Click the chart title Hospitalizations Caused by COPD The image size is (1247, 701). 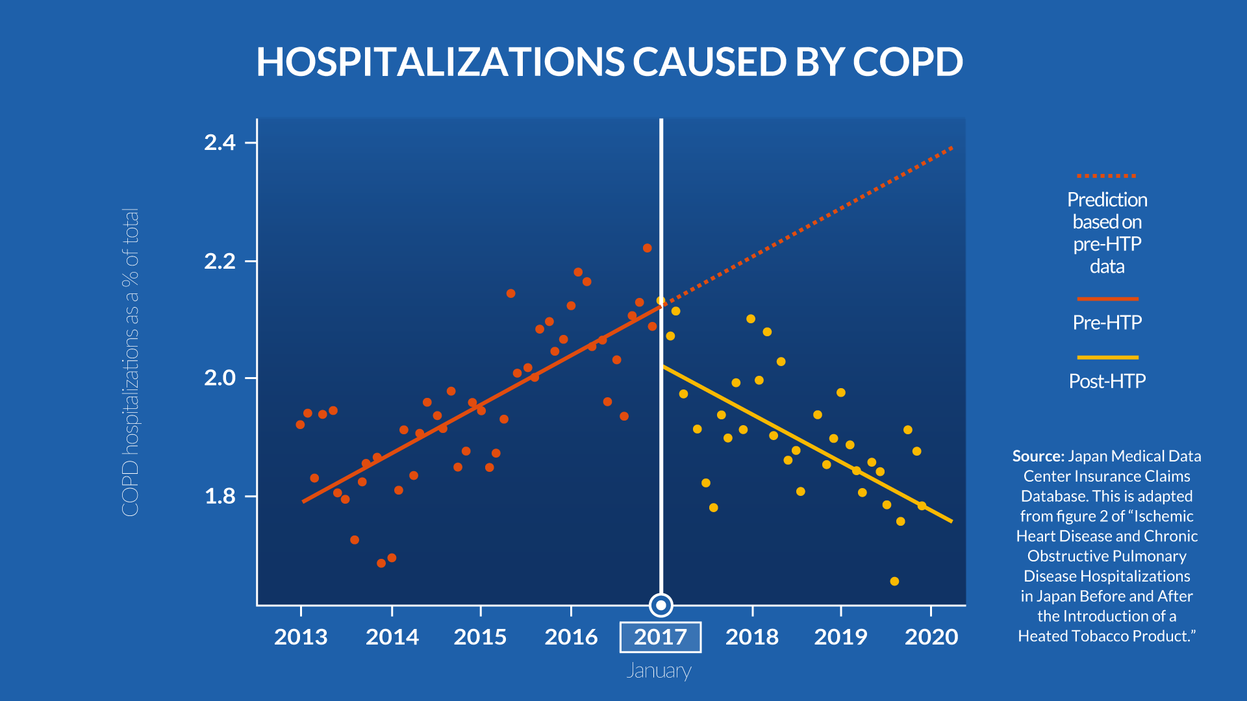(x=609, y=62)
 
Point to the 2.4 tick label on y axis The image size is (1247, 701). (x=220, y=143)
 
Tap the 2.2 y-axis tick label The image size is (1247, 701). (x=220, y=262)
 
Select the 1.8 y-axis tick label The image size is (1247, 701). (x=220, y=497)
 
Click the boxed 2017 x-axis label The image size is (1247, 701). (x=661, y=637)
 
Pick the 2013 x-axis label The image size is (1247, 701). (x=301, y=637)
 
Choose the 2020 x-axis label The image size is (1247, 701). (x=931, y=637)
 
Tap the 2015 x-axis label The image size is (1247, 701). (x=480, y=637)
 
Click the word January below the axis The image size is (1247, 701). (x=659, y=670)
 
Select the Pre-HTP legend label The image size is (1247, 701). (x=1107, y=323)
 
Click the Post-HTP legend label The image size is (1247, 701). (x=1107, y=381)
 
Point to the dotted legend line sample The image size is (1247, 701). (x=1107, y=176)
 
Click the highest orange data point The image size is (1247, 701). (x=647, y=248)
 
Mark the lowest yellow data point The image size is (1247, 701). (x=894, y=581)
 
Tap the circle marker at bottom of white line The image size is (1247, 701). (x=661, y=606)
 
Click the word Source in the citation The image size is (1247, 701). (x=1038, y=456)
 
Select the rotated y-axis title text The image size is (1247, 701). (x=131, y=362)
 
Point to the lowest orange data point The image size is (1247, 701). (x=381, y=563)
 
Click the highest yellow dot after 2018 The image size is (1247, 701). (x=751, y=319)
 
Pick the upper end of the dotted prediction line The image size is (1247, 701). (x=951, y=148)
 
